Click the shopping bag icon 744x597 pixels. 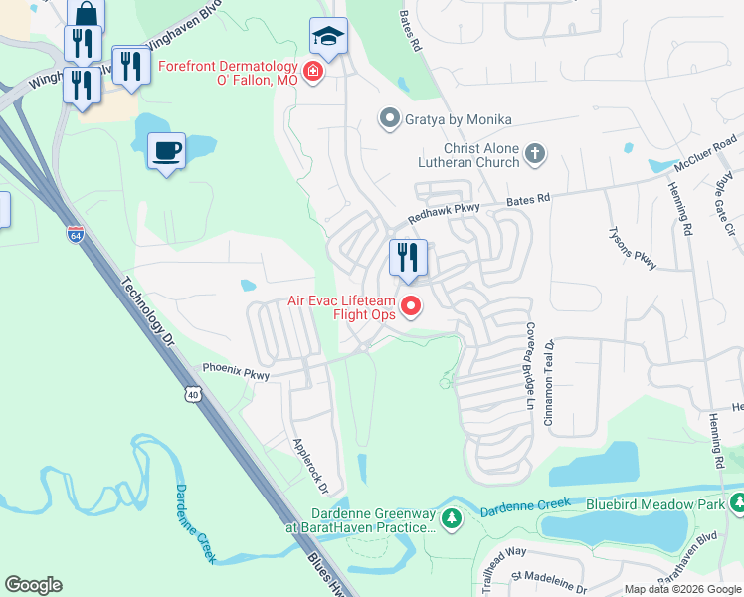(87, 14)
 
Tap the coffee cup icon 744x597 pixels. (166, 151)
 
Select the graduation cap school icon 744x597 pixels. (328, 36)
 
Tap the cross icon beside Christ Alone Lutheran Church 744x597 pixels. (535, 153)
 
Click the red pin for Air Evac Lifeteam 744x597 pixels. (409, 307)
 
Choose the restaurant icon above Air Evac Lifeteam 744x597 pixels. (408, 258)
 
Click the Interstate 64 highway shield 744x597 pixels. (76, 235)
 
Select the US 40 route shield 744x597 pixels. (192, 395)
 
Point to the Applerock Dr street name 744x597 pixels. (309, 465)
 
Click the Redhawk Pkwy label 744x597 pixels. (444, 214)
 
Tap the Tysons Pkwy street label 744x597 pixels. (632, 246)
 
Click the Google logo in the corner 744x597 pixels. (33, 585)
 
